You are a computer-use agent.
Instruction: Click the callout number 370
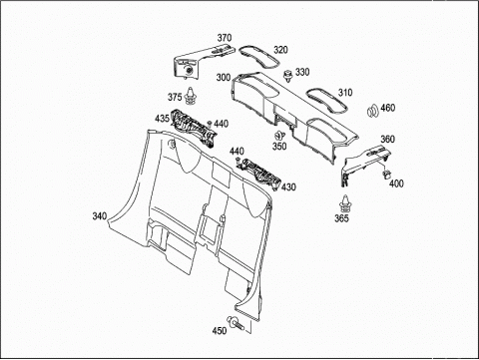(225, 38)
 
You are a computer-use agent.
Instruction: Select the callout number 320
(280, 50)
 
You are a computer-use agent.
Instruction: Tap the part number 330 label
(302, 72)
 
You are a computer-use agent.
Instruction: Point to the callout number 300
(224, 78)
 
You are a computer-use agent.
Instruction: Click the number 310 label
(345, 93)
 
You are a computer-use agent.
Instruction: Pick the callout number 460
(388, 108)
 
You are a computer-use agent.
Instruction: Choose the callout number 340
(100, 216)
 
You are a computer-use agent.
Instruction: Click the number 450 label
(220, 330)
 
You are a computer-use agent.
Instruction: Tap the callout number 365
(341, 218)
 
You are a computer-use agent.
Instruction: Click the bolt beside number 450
(236, 323)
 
